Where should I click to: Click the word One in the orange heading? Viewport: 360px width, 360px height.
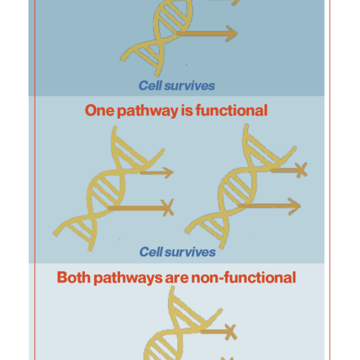(x=100, y=110)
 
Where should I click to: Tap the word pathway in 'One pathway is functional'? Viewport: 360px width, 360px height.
(x=148, y=111)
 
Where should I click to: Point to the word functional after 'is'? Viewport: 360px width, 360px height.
(x=231, y=110)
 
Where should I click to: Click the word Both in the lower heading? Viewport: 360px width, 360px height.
(x=74, y=278)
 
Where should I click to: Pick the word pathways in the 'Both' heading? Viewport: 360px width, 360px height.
(x=128, y=278)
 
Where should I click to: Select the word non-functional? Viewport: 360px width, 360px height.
(x=244, y=278)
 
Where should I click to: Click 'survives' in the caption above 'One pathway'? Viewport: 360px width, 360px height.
(x=190, y=86)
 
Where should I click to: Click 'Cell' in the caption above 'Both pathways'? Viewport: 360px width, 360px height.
(x=151, y=252)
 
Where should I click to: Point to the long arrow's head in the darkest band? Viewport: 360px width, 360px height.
(x=231, y=33)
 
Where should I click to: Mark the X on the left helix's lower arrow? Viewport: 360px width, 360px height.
(x=167, y=207)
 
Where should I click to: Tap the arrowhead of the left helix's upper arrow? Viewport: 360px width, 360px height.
(x=168, y=173)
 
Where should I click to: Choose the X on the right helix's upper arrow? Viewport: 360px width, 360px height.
(x=301, y=170)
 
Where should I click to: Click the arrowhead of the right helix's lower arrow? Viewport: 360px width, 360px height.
(x=295, y=206)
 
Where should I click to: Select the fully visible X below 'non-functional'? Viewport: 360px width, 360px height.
(x=231, y=332)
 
